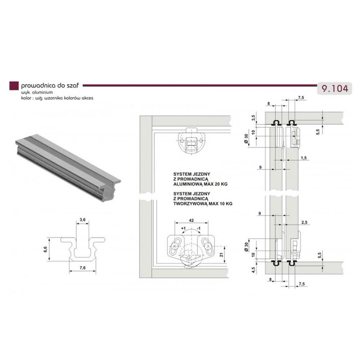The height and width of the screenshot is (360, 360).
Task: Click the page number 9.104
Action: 335,89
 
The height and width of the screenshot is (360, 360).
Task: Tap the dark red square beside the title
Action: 14,86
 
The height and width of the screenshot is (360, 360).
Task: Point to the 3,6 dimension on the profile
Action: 82,220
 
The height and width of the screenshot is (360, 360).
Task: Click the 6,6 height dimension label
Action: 45,249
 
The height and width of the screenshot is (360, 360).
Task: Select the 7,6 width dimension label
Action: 83,268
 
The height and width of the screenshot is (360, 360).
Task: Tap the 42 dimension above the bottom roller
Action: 191,220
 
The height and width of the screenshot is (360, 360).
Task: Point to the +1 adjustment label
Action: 183,229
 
